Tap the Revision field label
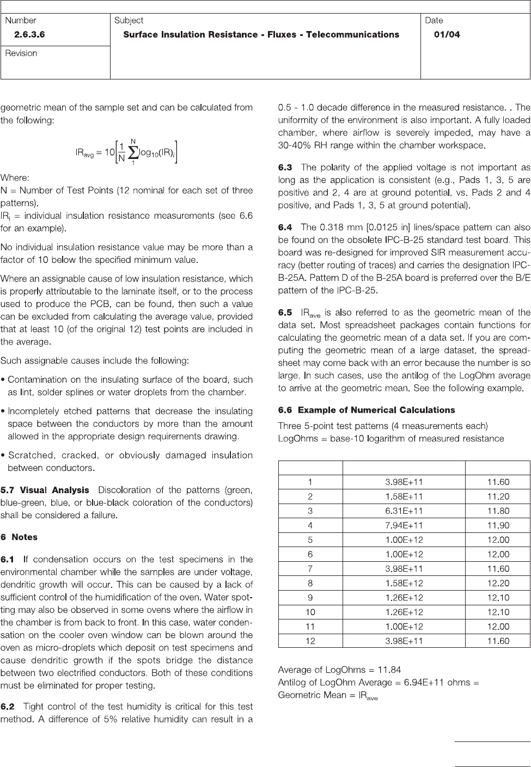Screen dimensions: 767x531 21,53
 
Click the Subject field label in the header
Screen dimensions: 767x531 129,21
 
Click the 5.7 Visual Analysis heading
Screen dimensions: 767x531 45,490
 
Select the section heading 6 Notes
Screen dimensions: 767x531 19,537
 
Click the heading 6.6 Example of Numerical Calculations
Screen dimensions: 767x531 367,410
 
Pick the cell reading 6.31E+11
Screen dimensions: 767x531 404,511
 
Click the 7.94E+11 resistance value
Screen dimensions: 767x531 404,525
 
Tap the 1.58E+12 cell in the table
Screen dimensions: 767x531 404,583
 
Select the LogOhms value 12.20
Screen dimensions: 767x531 498,583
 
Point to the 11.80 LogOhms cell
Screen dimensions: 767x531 498,511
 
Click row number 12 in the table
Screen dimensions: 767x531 310,641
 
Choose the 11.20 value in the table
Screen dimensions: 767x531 498,496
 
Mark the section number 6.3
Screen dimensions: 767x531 285,168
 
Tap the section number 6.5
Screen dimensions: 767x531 285,312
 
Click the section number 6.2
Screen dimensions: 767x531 8,707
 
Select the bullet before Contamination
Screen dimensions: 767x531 3,380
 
